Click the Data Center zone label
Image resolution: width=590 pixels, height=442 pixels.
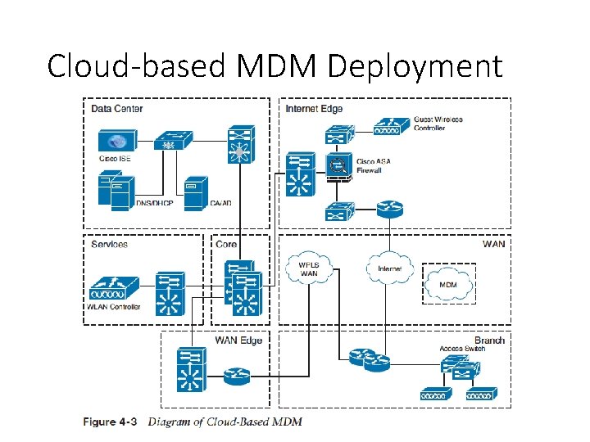(x=116, y=108)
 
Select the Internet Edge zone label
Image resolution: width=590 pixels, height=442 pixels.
(x=314, y=108)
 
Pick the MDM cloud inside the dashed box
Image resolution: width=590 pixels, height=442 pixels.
(x=448, y=284)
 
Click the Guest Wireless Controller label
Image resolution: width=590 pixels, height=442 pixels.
(x=438, y=124)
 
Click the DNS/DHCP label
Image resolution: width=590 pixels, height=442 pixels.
(x=153, y=202)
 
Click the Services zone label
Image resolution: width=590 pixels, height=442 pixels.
(x=109, y=244)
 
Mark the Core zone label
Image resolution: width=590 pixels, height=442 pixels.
(x=226, y=244)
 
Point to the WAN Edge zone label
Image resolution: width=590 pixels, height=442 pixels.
(x=238, y=341)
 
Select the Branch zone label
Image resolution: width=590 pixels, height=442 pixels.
(x=489, y=341)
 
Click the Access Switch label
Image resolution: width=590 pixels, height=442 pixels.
(x=462, y=350)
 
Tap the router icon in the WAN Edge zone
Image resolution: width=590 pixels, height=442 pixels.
(x=236, y=376)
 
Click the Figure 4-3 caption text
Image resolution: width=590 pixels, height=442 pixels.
(x=193, y=422)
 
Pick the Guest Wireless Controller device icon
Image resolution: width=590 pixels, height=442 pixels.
(x=392, y=127)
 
